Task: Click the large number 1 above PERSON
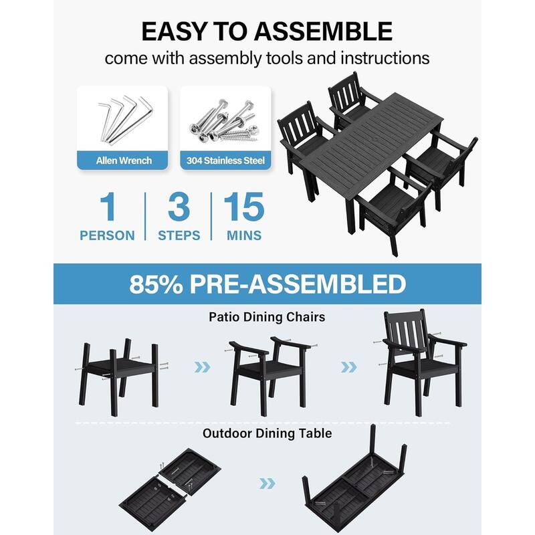107,207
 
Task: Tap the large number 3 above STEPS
179,207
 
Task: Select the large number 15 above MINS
244,207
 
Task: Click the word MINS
244,235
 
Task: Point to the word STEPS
179,235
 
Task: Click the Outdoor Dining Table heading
267,433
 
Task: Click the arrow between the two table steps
267,483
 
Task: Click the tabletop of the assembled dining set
364,144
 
